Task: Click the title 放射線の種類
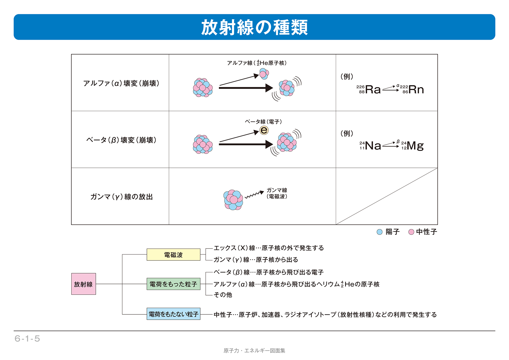click(x=254, y=27)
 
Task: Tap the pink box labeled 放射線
click(x=84, y=284)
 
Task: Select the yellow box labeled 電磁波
click(x=173, y=255)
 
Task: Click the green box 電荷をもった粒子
click(x=173, y=284)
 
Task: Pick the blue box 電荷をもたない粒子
click(x=173, y=314)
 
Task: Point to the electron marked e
click(x=264, y=130)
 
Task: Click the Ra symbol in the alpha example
click(x=373, y=89)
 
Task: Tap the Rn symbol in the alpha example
click(x=416, y=89)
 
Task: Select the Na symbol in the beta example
click(x=373, y=145)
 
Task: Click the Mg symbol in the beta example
click(x=415, y=145)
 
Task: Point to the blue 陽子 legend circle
click(x=379, y=232)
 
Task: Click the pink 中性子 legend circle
click(x=411, y=232)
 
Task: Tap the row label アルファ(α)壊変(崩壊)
click(x=121, y=83)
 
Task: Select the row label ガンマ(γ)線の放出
click(x=121, y=197)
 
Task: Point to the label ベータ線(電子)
click(x=263, y=122)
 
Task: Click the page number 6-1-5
click(x=27, y=339)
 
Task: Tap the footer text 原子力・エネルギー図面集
click(x=254, y=351)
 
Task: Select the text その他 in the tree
click(x=223, y=295)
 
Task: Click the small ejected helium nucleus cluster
click(x=264, y=74)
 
